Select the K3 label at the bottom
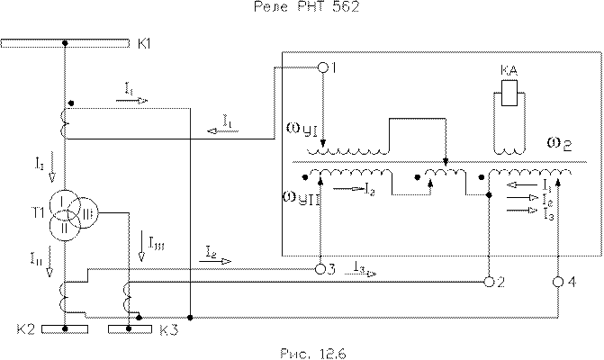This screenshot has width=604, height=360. [167, 329]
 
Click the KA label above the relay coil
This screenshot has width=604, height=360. [509, 70]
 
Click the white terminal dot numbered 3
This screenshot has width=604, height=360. [320, 268]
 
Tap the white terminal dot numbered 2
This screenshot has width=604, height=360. [489, 282]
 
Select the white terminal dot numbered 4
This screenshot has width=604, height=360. [557, 282]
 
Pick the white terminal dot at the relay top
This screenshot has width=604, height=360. [323, 68]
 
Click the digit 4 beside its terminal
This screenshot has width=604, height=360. [572, 283]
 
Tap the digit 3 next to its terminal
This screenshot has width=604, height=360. [333, 269]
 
